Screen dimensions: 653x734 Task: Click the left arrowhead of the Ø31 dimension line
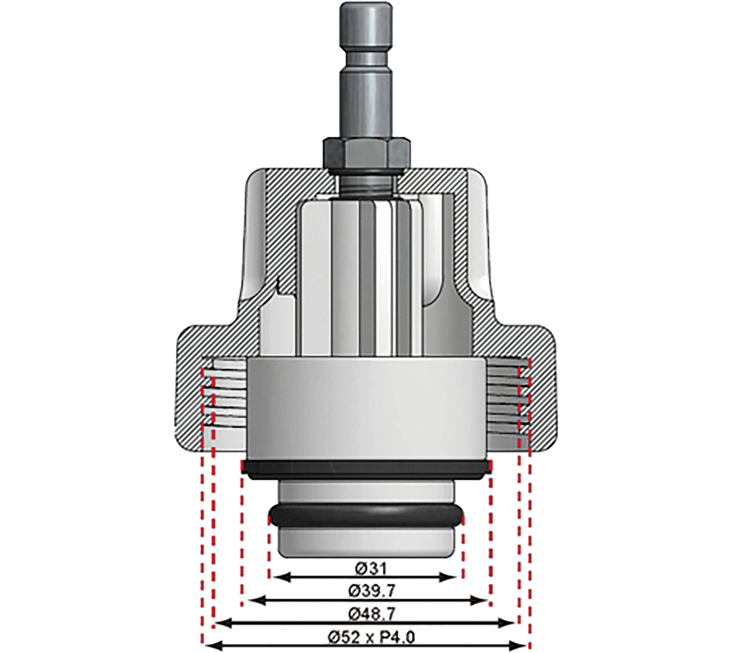[x=278, y=577]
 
